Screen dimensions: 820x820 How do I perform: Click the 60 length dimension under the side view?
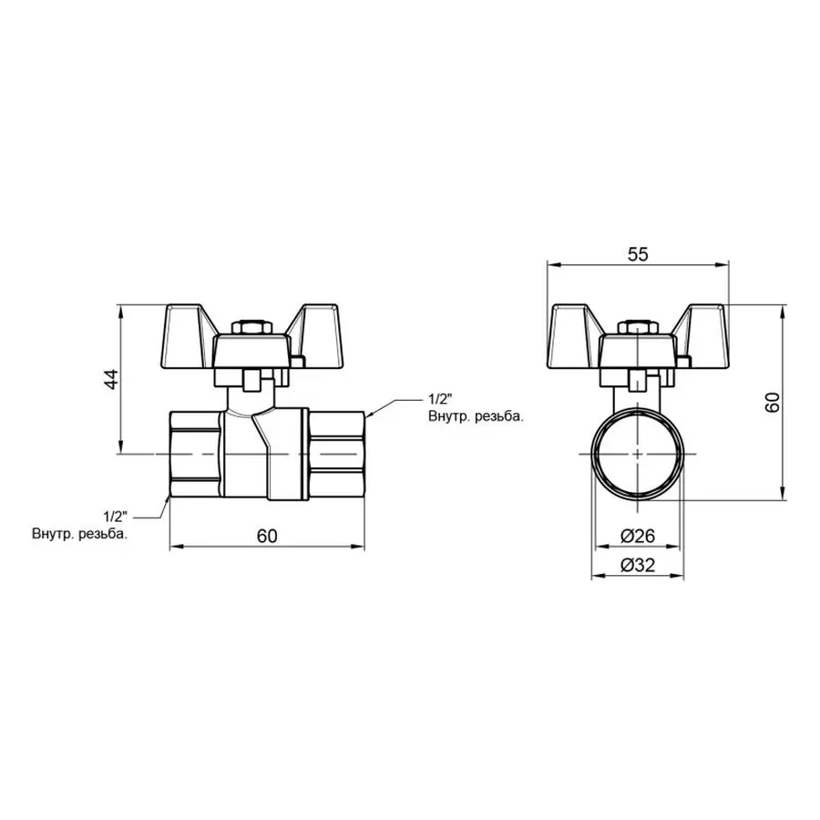point(266,536)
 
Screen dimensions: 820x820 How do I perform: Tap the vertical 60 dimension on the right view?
point(773,402)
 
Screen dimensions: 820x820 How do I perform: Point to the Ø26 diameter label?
point(639,536)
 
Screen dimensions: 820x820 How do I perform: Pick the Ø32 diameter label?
point(639,565)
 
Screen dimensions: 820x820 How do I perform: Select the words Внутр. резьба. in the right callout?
point(475,416)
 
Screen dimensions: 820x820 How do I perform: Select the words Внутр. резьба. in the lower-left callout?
point(79,534)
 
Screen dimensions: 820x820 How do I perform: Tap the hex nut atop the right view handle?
point(637,326)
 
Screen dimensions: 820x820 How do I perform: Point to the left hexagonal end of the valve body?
point(197,453)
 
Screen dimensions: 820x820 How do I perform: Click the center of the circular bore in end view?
point(637,453)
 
